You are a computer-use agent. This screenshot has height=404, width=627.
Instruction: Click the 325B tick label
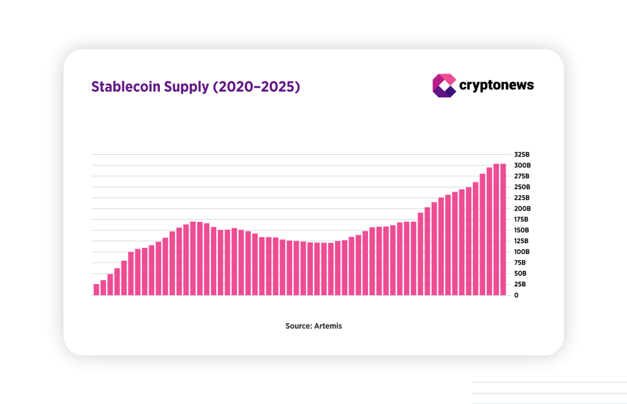[522, 154]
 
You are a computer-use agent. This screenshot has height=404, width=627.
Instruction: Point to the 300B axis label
[522, 165]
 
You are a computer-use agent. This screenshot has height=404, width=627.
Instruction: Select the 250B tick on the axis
[522, 187]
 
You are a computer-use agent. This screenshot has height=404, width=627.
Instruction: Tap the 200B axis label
[522, 209]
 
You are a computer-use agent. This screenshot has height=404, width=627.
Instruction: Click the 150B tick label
[522, 230]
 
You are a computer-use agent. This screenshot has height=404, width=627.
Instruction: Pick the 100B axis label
[522, 252]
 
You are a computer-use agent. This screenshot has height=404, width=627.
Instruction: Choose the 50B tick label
[520, 274]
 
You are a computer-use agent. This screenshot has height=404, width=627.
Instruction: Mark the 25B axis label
[520, 285]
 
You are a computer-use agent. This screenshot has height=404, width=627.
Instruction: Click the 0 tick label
[516, 295]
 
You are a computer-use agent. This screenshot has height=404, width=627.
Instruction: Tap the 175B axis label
[522, 219]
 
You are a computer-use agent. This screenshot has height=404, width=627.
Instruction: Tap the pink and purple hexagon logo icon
[445, 86]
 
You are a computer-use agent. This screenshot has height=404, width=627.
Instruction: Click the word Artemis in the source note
[329, 326]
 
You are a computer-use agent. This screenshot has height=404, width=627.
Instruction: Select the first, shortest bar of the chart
[96, 290]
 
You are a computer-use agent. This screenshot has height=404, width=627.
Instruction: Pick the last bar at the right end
[503, 230]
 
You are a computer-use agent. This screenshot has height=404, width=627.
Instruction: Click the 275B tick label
[522, 176]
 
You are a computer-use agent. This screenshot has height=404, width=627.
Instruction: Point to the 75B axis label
[520, 263]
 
